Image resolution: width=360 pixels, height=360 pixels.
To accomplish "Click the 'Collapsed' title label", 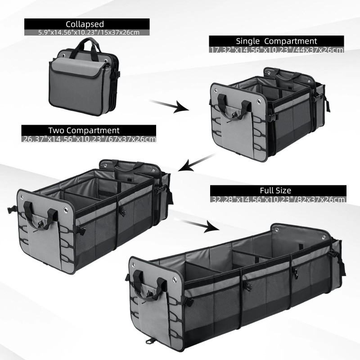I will [x=85, y=24].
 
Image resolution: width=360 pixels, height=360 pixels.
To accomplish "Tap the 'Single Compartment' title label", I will [x=276, y=41].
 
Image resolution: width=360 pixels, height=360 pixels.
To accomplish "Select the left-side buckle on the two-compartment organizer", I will [x=9, y=209].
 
